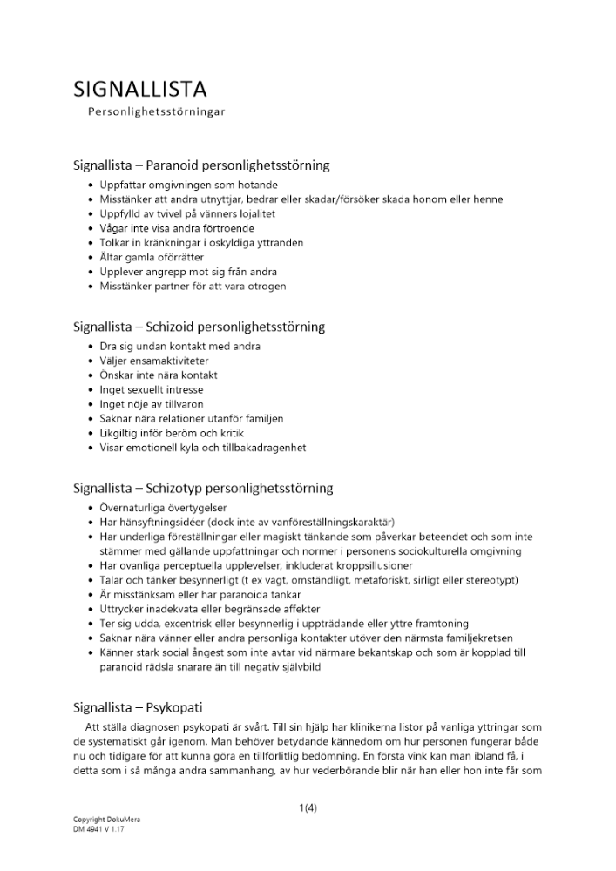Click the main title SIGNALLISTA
140,89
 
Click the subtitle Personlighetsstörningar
157,112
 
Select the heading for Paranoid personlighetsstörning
201,165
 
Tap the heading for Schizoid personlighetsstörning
199,327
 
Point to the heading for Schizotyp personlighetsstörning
203,488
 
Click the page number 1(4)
308,807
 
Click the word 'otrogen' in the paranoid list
267,286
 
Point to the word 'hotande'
255,186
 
